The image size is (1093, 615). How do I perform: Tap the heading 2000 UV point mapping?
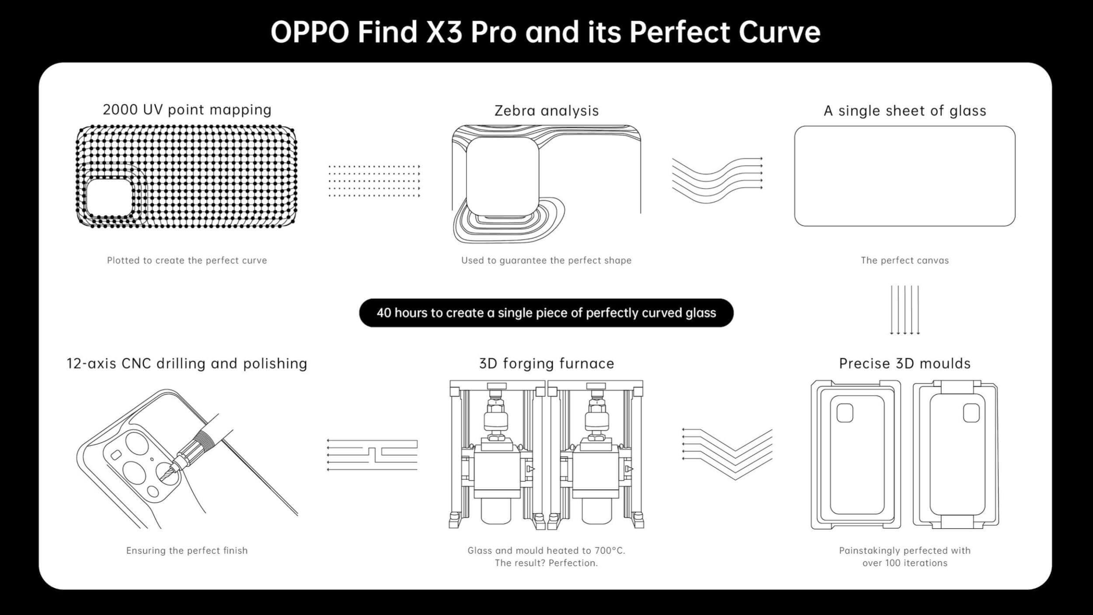[187, 109]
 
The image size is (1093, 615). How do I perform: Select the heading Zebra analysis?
[546, 111]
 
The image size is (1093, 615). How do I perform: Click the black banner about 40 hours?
[546, 313]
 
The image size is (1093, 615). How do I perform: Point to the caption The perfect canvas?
[905, 260]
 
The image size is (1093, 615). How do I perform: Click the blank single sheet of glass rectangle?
[905, 176]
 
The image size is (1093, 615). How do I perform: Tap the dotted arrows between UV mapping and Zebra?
[374, 181]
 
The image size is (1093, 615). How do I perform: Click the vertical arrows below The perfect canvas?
[905, 310]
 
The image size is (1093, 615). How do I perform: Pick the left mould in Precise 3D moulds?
[856, 455]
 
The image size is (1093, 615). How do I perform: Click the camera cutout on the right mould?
[971, 412]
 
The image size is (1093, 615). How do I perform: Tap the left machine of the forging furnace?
[497, 455]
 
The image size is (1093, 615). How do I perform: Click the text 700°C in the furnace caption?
[609, 550]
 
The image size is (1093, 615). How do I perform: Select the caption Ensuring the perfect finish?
[187, 550]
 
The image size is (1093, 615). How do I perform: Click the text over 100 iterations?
[905, 563]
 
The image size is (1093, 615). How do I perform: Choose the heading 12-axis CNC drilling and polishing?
[187, 363]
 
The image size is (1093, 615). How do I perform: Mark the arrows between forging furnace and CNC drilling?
[372, 455]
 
